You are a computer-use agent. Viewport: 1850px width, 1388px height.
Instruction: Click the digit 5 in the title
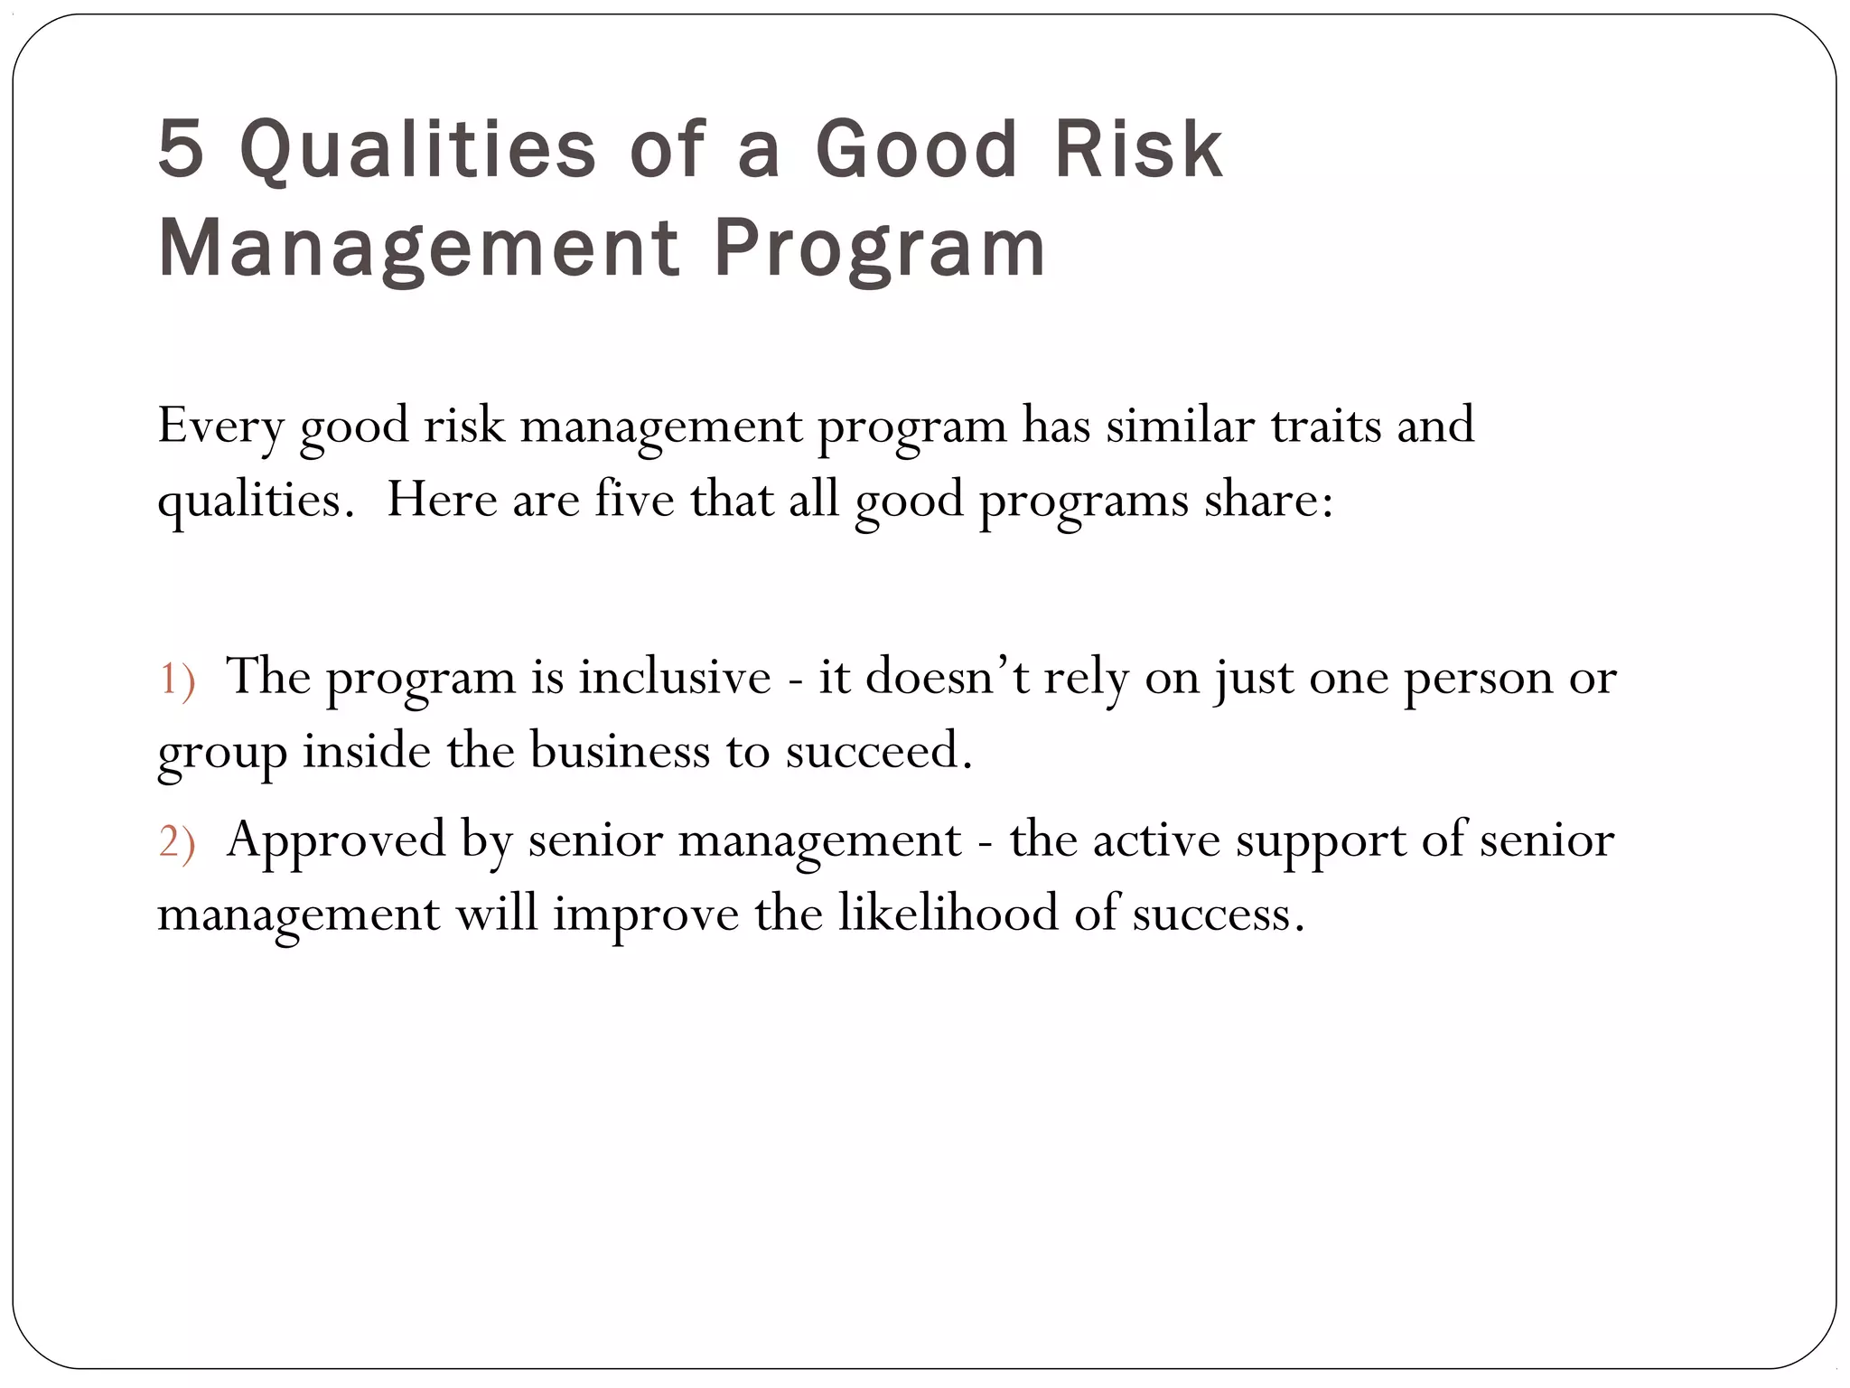182,149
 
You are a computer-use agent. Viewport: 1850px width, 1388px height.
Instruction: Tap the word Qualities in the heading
417,149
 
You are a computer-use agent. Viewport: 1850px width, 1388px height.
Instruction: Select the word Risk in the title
1138,149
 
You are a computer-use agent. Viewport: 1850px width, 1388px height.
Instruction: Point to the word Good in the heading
917,149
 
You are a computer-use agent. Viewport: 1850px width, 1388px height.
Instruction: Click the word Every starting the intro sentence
220,426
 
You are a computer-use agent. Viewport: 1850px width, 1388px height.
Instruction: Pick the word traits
1326,426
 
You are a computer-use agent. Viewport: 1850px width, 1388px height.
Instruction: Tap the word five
634,500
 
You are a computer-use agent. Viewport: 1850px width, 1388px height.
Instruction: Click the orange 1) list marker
177,680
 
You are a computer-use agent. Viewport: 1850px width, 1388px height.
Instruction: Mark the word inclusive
675,677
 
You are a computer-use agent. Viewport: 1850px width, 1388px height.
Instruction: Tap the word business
620,751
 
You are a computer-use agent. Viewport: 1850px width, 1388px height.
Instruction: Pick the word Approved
336,841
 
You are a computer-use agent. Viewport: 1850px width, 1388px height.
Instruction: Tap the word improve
646,914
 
